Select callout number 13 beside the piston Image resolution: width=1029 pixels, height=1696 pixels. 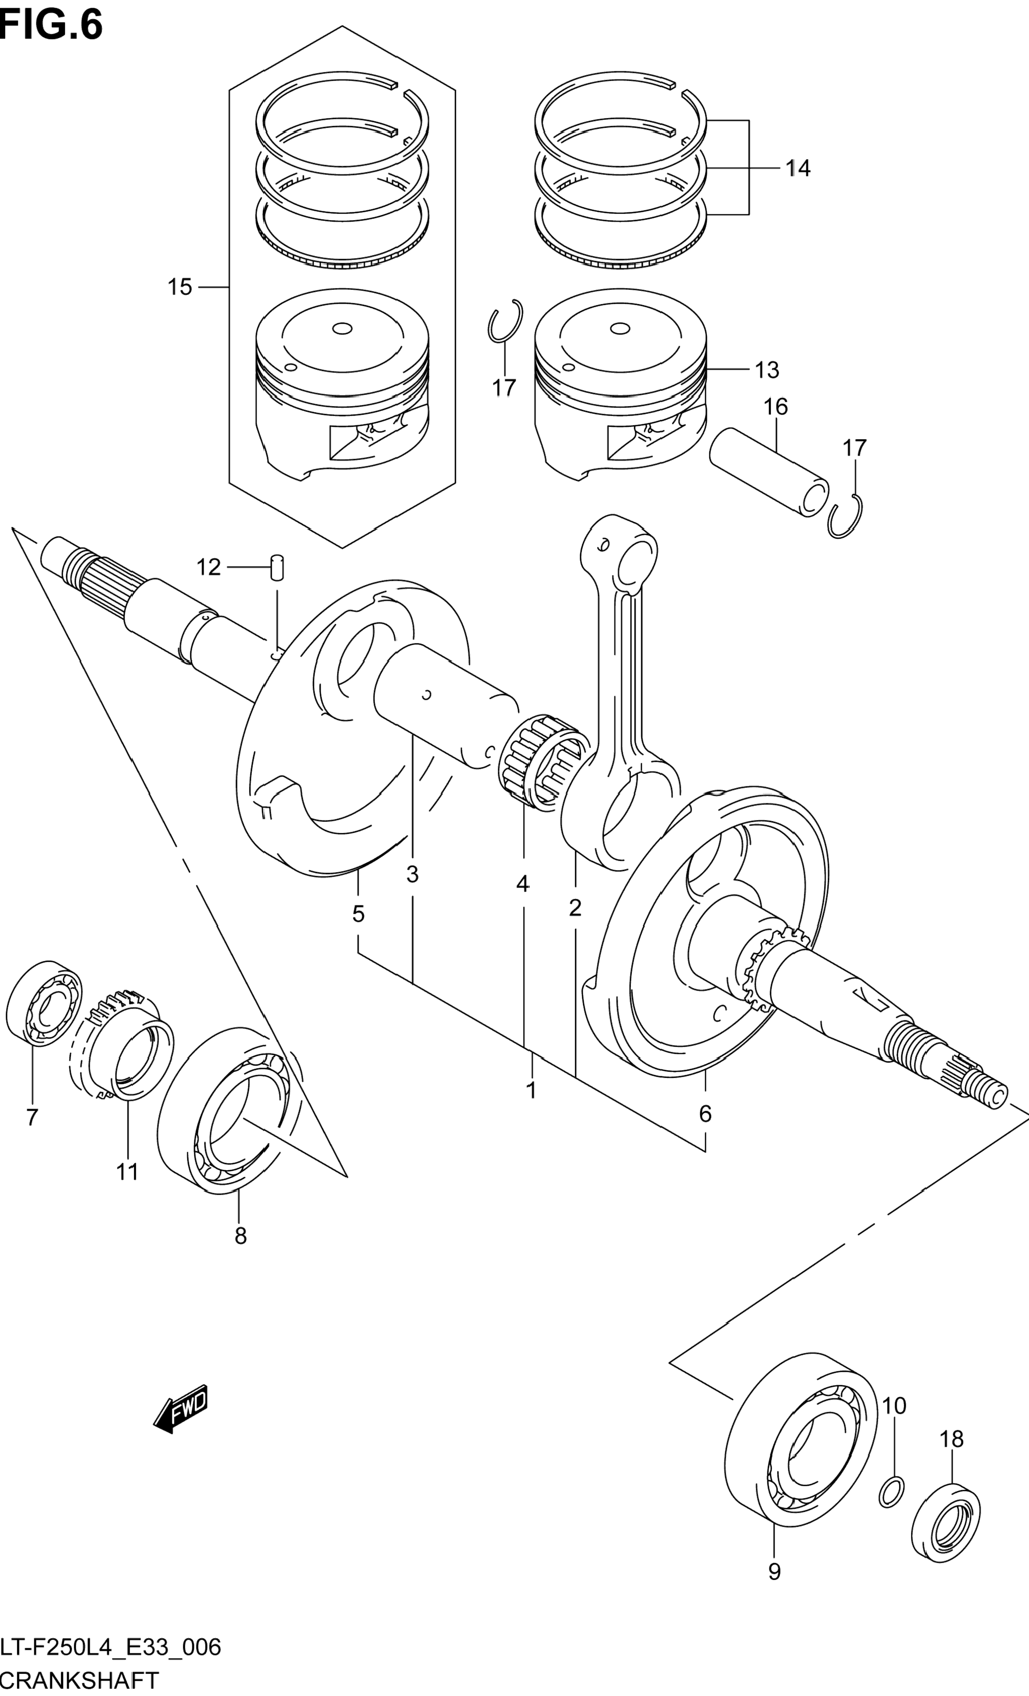pos(767,370)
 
